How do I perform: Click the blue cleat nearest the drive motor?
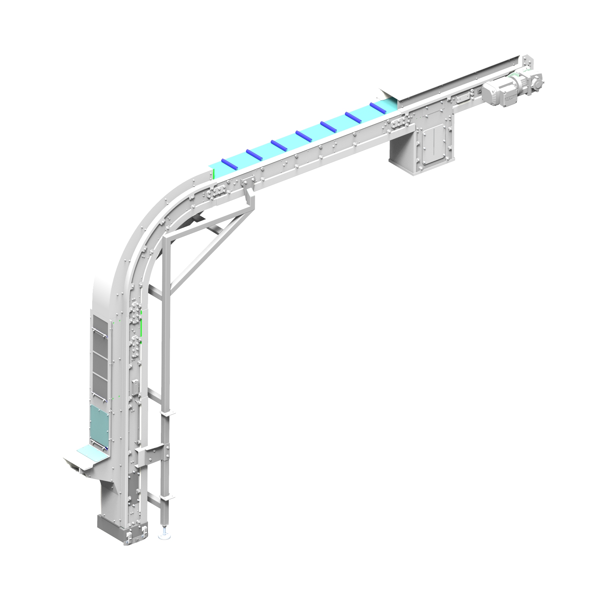pos(378,108)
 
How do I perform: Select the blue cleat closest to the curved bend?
pos(229,164)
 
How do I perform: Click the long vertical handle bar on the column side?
pos(138,420)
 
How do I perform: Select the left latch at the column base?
pos(129,537)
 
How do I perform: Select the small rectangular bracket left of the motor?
pos(463,98)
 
